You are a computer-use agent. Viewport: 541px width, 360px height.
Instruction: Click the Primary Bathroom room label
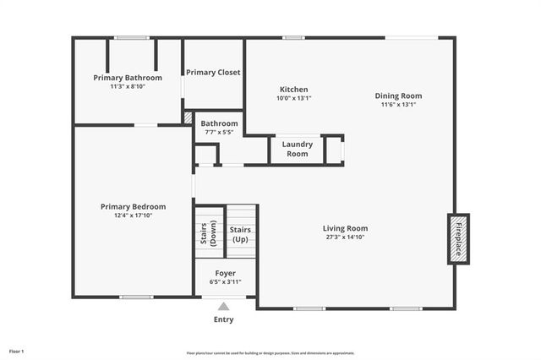(x=127, y=78)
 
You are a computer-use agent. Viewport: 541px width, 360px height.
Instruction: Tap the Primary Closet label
(x=213, y=73)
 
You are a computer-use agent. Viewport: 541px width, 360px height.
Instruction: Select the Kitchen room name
(x=293, y=89)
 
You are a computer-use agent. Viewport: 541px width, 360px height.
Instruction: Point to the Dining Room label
(x=398, y=95)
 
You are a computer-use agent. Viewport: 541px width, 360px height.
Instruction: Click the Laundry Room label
(x=297, y=149)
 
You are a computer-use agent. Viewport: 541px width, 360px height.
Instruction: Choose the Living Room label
(x=345, y=228)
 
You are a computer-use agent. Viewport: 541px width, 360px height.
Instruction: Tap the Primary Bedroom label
(x=133, y=206)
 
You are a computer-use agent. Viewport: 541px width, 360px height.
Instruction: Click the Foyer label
(x=225, y=273)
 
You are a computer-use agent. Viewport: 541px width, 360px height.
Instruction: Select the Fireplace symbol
(x=458, y=239)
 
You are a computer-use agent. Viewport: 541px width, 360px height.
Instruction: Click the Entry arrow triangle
(x=223, y=307)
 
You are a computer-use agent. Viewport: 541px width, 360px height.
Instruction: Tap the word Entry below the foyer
(x=223, y=320)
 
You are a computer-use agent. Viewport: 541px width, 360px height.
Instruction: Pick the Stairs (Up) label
(x=241, y=234)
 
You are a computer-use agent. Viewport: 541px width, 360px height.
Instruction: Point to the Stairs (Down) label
(x=208, y=233)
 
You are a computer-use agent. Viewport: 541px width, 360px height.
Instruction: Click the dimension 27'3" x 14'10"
(x=345, y=237)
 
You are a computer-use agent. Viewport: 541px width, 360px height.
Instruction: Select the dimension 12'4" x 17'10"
(x=133, y=215)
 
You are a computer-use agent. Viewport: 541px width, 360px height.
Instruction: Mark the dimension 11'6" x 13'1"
(x=398, y=105)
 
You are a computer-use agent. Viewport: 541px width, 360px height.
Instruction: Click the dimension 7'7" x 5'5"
(x=219, y=133)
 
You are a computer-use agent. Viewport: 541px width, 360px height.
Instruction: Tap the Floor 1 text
(x=17, y=351)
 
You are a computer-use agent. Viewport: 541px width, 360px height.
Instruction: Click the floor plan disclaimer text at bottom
(x=270, y=353)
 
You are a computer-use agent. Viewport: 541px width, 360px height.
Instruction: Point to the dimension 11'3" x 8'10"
(x=127, y=86)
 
